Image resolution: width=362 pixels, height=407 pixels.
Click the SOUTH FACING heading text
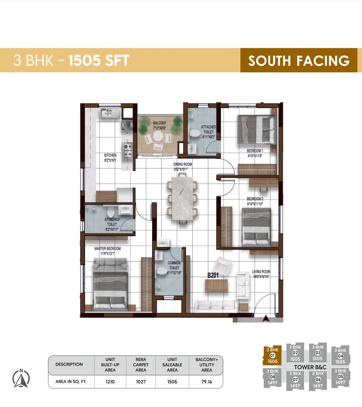(299, 60)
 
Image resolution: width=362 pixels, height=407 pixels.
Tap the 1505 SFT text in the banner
(99, 60)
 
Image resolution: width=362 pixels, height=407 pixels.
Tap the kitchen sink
(108, 113)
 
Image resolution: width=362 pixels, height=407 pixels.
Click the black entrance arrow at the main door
(266, 318)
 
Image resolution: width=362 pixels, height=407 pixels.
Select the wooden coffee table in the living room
(217, 286)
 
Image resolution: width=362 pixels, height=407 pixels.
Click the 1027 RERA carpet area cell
(140, 381)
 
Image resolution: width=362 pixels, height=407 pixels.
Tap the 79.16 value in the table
(206, 381)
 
